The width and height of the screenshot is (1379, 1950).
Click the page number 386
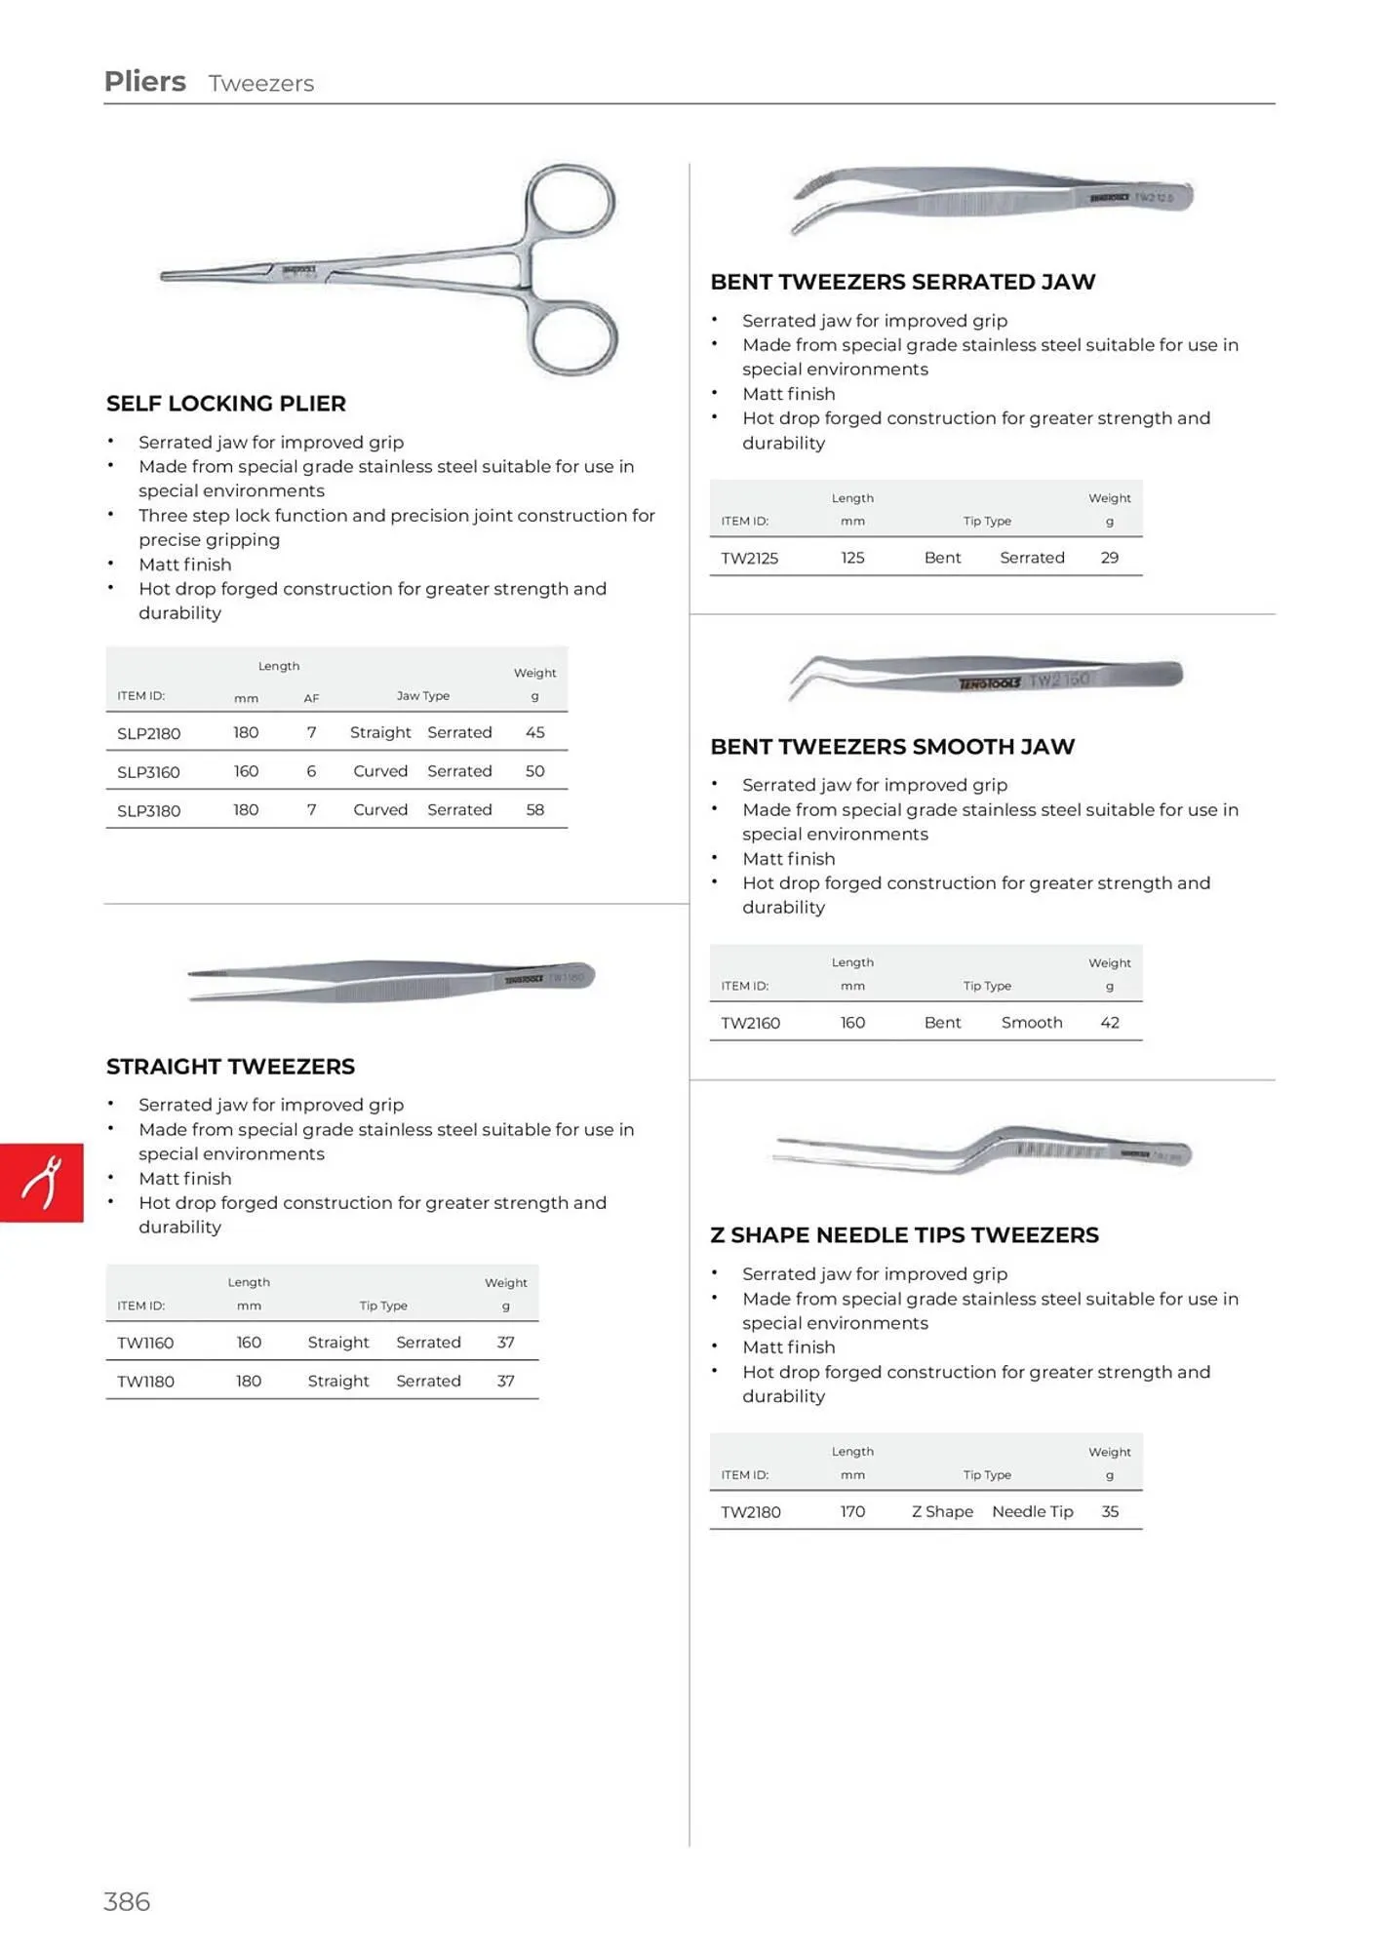point(127,1901)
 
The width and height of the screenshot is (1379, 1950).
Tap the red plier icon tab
point(42,1183)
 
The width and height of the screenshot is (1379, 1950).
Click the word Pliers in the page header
point(144,82)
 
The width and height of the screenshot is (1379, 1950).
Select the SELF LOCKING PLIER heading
point(226,404)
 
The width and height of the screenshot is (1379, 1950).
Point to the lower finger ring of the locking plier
point(575,337)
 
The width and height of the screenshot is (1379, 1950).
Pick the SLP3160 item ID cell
point(148,771)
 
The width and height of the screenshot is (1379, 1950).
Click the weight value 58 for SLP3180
point(534,810)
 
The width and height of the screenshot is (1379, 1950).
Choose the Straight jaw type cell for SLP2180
point(380,732)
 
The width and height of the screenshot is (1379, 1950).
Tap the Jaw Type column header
point(423,695)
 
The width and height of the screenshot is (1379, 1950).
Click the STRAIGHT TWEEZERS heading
point(230,1067)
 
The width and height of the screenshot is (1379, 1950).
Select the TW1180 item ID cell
point(145,1381)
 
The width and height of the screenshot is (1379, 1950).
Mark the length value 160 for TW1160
point(249,1343)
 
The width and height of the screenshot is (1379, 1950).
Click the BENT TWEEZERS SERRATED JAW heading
point(902,282)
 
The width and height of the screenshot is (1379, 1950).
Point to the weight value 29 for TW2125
point(1109,558)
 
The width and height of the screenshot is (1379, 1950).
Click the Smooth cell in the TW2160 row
point(1032,1023)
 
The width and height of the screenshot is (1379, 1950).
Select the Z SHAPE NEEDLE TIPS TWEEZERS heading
point(904,1235)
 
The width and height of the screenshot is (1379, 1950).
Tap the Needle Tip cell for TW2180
point(1032,1511)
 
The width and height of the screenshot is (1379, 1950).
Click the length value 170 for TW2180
point(852,1511)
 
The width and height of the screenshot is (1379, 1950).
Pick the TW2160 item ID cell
point(750,1023)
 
